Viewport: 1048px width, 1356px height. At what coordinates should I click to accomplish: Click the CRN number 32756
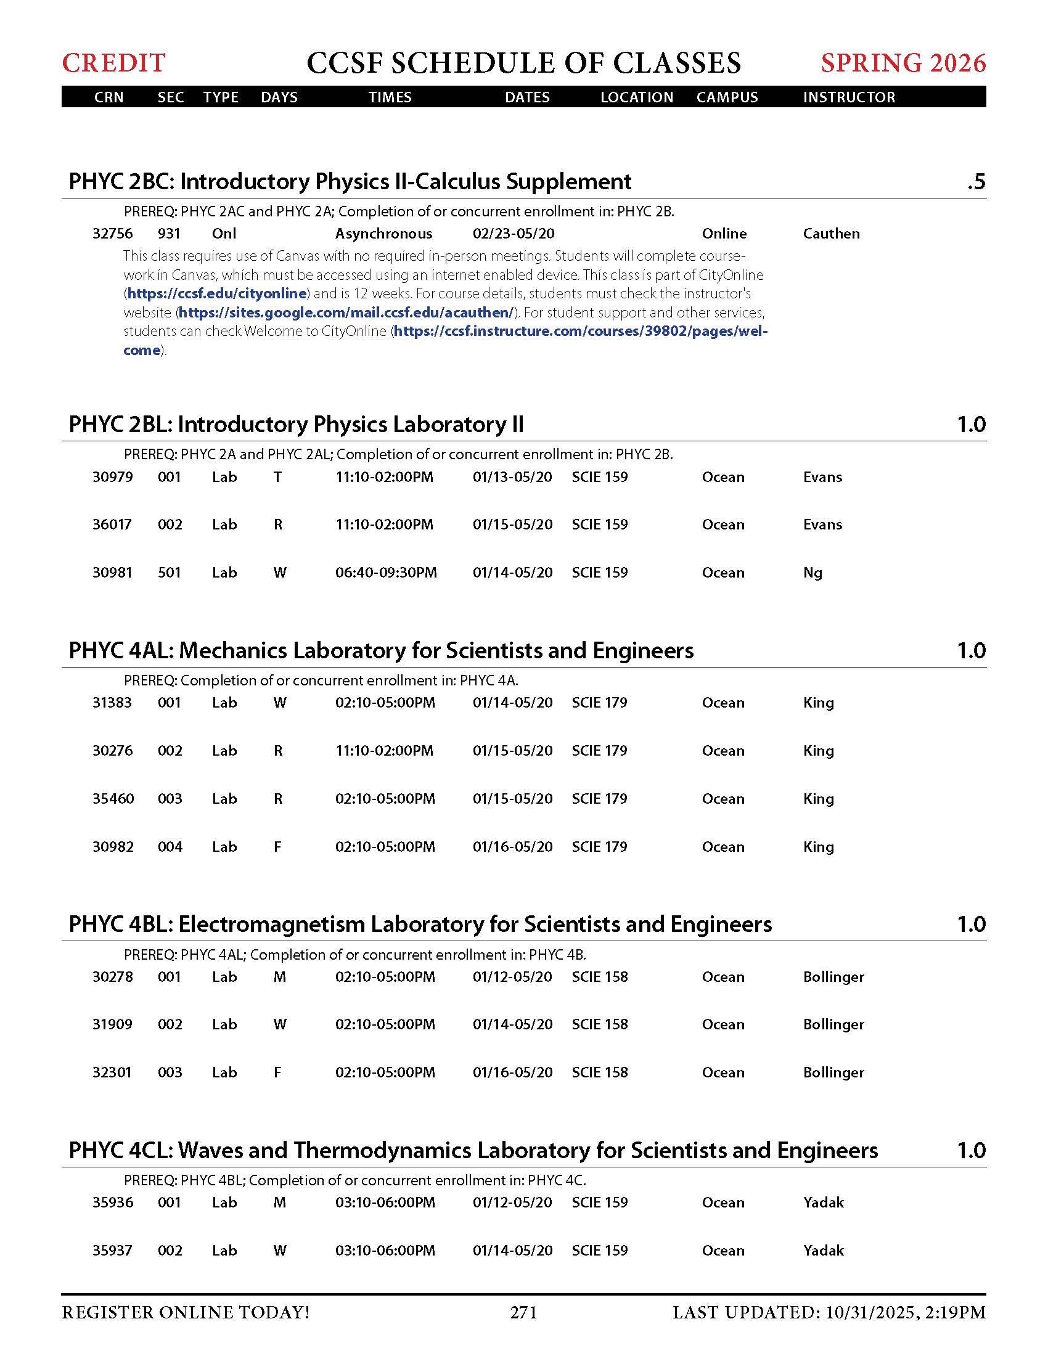click(112, 234)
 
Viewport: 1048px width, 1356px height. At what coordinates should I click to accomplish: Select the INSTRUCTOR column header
click(849, 97)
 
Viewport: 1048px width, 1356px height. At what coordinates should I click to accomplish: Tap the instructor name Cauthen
click(831, 234)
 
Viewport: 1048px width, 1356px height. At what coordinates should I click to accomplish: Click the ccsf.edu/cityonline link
click(216, 293)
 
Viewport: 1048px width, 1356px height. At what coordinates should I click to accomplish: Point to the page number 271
click(523, 1312)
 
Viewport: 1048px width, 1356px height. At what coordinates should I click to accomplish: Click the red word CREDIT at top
click(113, 63)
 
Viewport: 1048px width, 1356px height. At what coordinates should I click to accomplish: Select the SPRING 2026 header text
click(903, 63)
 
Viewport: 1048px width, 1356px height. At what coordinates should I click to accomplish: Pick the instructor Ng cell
click(812, 573)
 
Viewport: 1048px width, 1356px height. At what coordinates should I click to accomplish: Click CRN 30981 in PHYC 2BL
click(112, 573)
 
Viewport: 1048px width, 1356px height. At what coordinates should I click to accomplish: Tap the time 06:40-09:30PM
click(385, 573)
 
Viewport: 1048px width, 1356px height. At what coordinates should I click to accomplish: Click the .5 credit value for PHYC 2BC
click(975, 182)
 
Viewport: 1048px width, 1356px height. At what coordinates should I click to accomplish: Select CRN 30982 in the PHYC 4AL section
click(113, 847)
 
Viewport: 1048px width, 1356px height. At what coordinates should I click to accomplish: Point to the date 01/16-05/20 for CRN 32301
click(512, 1072)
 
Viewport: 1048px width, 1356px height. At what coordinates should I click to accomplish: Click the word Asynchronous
click(383, 234)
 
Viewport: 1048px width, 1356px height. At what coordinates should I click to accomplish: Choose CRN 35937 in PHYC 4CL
click(112, 1250)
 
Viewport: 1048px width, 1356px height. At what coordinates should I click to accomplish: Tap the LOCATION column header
click(636, 97)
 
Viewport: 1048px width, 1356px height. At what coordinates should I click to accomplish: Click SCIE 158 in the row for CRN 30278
click(599, 977)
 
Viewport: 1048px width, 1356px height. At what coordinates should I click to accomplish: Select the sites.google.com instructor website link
click(346, 312)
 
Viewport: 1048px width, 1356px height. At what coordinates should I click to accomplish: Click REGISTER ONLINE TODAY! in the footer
click(186, 1312)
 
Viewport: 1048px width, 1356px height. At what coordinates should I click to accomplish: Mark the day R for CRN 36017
click(278, 525)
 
